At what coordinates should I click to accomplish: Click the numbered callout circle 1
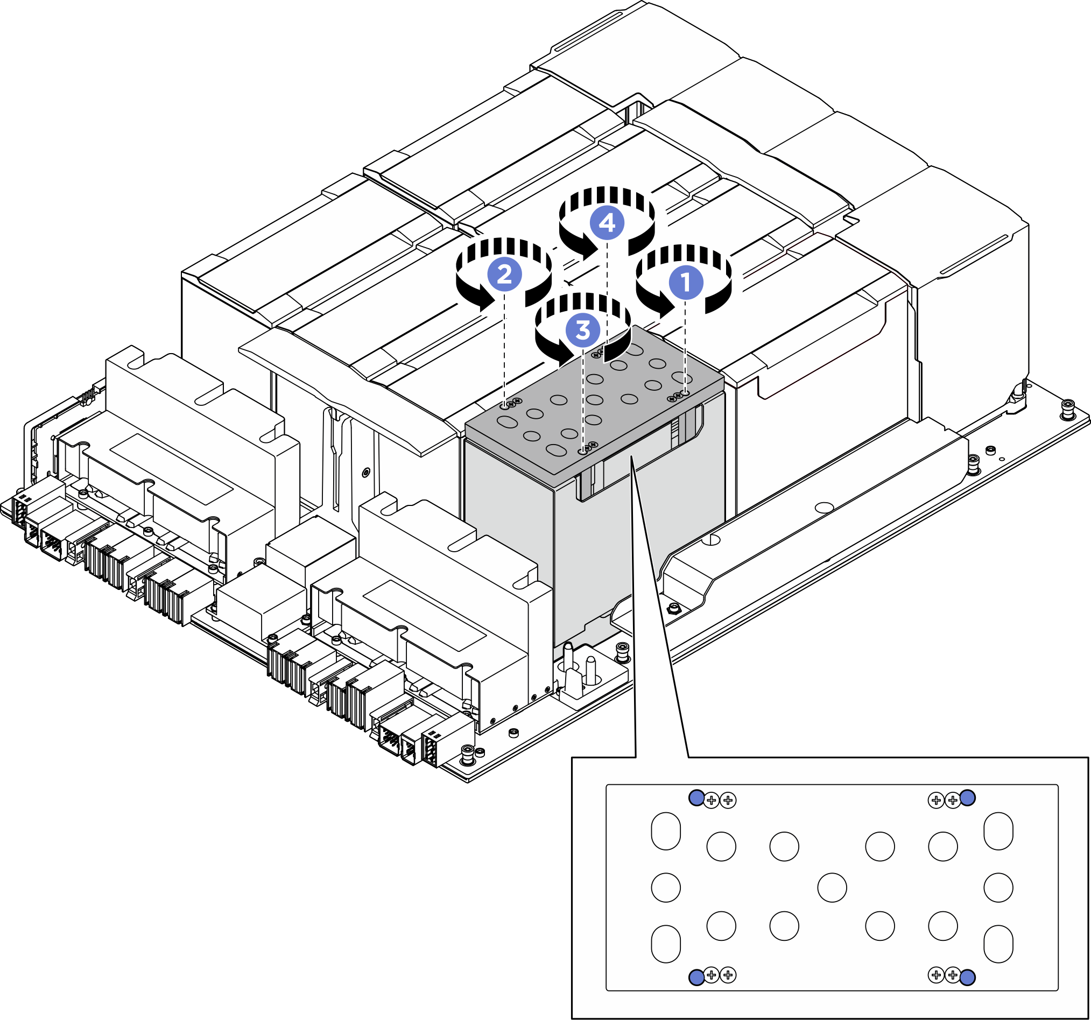point(686,282)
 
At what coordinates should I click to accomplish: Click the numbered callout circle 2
point(504,274)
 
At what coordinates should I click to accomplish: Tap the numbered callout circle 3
point(582,330)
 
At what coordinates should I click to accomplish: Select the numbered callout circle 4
point(607,223)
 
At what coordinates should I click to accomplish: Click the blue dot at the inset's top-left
point(696,798)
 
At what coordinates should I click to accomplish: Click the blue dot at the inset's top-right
point(968,798)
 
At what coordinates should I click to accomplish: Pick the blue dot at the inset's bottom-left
point(696,977)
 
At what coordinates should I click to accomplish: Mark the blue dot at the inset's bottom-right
point(968,977)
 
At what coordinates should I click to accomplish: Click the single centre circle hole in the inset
point(832,888)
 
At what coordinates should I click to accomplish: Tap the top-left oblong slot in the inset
point(666,831)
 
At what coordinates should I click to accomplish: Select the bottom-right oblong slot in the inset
point(998,944)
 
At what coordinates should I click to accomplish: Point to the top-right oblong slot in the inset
point(998,831)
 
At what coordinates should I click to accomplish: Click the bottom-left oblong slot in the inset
point(666,944)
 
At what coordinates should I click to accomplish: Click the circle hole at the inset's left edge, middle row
point(666,888)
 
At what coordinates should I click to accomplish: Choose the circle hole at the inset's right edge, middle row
point(998,888)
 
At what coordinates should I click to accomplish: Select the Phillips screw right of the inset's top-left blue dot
point(711,800)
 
